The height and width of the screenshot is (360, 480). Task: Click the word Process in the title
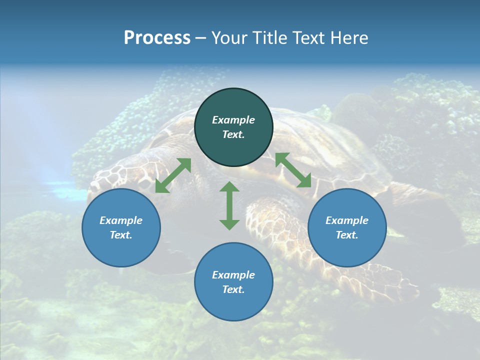point(157,38)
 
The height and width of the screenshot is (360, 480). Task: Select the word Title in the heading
point(272,38)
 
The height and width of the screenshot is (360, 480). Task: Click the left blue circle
point(121,227)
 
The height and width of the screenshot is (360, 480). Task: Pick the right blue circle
point(347,227)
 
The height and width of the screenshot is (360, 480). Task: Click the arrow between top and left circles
point(173,175)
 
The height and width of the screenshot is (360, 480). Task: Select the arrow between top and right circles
point(293,170)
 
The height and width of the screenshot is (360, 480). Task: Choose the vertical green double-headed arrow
point(229,205)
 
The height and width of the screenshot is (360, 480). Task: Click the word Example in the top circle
point(233,120)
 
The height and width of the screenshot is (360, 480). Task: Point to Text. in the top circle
point(233,134)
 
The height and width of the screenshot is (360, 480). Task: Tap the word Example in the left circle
point(121,220)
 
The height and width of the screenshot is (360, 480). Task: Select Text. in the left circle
point(121,235)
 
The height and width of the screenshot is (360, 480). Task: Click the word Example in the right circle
point(347,220)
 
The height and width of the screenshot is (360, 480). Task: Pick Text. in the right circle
point(347,235)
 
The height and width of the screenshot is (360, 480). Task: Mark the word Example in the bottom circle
point(233,275)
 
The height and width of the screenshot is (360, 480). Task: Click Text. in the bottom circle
point(233,289)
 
